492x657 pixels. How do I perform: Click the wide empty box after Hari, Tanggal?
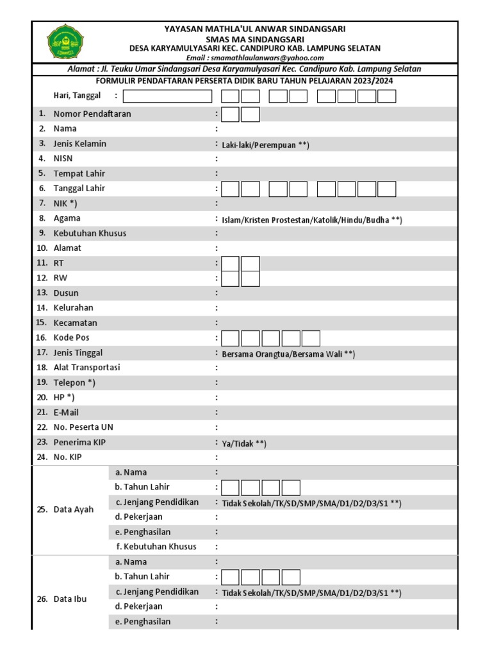pyautogui.click(x=167, y=96)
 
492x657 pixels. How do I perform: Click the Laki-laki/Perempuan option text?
pyautogui.click(x=265, y=145)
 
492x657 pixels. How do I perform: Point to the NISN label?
pyautogui.click(x=64, y=158)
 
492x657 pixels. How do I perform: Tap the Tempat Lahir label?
pyautogui.click(x=79, y=173)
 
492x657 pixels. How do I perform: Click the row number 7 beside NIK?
pyautogui.click(x=42, y=203)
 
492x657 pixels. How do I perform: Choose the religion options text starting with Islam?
pyautogui.click(x=312, y=220)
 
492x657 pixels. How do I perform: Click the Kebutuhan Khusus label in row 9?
pyautogui.click(x=90, y=233)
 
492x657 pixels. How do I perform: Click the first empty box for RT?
pyautogui.click(x=231, y=264)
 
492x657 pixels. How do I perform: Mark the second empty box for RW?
pyautogui.click(x=250, y=278)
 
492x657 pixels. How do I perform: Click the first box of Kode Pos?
pyautogui.click(x=231, y=338)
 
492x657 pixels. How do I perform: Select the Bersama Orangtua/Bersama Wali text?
pyautogui.click(x=288, y=354)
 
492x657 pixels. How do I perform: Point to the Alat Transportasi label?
pyautogui.click(x=86, y=368)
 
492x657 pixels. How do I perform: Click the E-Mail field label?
pyautogui.click(x=67, y=413)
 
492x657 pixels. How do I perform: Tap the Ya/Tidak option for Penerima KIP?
pyautogui.click(x=243, y=443)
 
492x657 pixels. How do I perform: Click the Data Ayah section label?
pyautogui.click(x=74, y=509)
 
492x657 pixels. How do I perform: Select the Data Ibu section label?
pyautogui.click(x=70, y=599)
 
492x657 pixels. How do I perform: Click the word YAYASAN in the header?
pyautogui.click(x=183, y=29)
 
